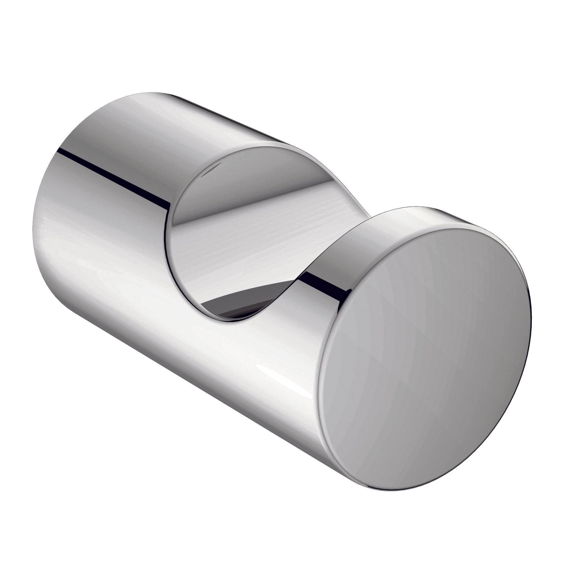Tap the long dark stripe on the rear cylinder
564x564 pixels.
[114, 175]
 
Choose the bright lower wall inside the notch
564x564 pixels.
[233, 257]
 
